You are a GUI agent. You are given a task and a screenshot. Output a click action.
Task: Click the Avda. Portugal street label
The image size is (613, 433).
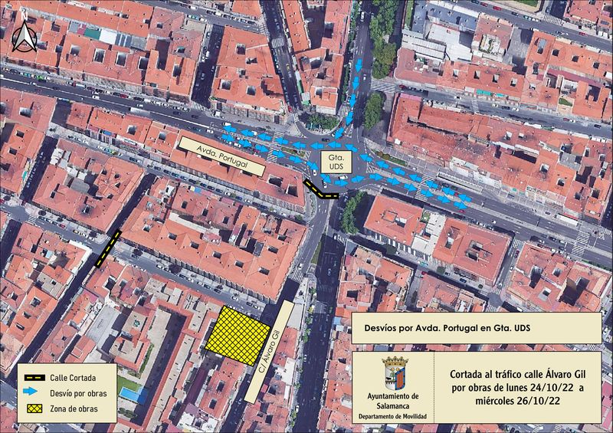tap(221, 156)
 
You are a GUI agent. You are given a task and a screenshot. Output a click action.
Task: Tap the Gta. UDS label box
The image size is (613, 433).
tap(336, 162)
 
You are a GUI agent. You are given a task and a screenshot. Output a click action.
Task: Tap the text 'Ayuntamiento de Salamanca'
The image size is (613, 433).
tap(394, 399)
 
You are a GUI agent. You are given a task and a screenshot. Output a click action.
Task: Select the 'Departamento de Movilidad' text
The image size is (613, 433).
tap(394, 416)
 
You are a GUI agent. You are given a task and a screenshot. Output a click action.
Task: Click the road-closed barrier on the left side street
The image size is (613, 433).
tap(107, 249)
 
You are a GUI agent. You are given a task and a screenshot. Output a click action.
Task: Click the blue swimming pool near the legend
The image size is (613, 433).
tap(132, 395)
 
